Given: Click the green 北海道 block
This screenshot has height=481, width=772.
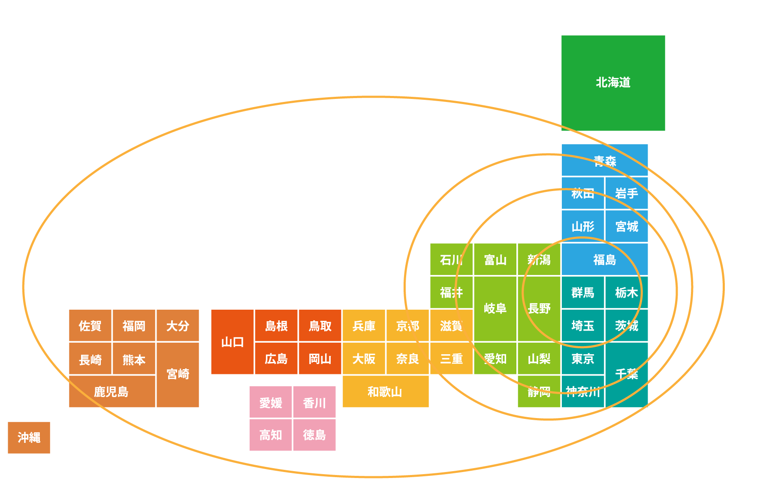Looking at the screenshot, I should [613, 83].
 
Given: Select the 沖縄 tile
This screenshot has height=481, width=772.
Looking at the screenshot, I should [29, 437].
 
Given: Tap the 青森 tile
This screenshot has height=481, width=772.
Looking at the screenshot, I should [605, 160].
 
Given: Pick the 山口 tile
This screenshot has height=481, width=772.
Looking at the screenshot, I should [232, 342].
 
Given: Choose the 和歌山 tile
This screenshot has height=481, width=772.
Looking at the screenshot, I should [385, 391].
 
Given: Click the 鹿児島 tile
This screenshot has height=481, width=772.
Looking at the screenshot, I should [112, 391].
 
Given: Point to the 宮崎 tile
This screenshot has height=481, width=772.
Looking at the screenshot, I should [178, 374].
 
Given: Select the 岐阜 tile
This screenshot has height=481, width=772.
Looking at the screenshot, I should [495, 308].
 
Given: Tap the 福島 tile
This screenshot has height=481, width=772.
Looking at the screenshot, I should [605, 259].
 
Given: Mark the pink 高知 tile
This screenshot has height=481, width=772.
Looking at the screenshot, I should [271, 435].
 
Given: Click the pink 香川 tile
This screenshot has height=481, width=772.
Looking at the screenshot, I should [314, 402].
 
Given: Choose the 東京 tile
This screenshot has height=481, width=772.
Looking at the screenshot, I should [582, 359].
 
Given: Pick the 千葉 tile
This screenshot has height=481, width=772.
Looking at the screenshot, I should [626, 374].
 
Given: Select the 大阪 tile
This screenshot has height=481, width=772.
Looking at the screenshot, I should [364, 359].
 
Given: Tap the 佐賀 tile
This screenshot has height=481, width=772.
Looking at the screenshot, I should [90, 326].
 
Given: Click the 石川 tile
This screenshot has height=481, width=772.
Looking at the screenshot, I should [451, 259].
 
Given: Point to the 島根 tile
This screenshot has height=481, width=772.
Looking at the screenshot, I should [276, 326].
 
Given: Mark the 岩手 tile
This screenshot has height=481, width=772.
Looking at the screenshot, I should [626, 193].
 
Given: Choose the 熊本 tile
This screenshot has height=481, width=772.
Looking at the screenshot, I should [134, 359].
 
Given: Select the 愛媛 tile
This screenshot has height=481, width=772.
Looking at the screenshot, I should [271, 402].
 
